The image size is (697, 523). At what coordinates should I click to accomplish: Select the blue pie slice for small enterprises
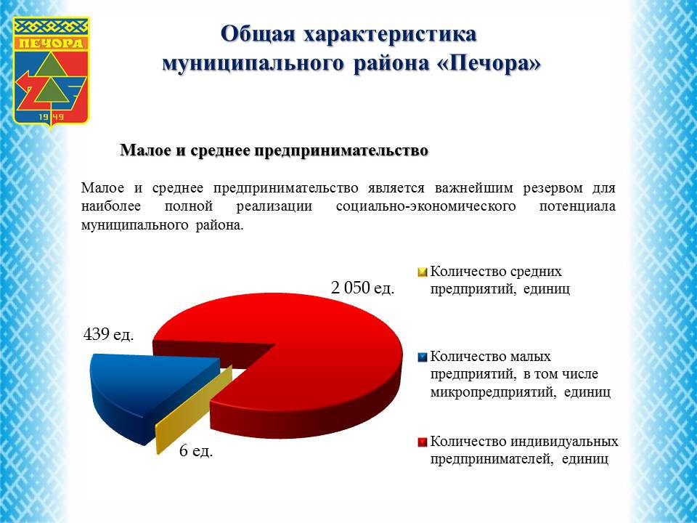coord(147,392)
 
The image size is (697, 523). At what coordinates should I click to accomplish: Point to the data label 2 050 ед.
coord(363,288)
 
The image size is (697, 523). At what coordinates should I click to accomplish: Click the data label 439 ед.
coord(108,334)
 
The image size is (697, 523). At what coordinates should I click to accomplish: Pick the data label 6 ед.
coord(196,450)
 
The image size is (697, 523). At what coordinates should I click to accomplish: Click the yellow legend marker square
coord(423,272)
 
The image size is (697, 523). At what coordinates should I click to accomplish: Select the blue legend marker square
coord(423,357)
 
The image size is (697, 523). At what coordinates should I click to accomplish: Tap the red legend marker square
coord(423,442)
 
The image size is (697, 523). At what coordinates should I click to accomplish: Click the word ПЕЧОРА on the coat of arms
coord(52,43)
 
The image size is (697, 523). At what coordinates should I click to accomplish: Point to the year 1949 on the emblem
coord(52,117)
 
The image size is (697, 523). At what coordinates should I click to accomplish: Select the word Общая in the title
coord(258,34)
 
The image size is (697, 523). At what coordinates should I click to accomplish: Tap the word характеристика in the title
coord(391,34)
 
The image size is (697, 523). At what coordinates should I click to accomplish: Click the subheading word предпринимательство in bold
coord(341,151)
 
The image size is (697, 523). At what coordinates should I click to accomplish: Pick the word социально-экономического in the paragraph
coord(426,206)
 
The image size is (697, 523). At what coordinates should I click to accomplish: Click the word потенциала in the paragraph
coord(577,206)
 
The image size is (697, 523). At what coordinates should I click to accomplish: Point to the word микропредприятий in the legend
coord(494,392)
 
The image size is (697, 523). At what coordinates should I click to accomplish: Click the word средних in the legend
coord(536,272)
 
